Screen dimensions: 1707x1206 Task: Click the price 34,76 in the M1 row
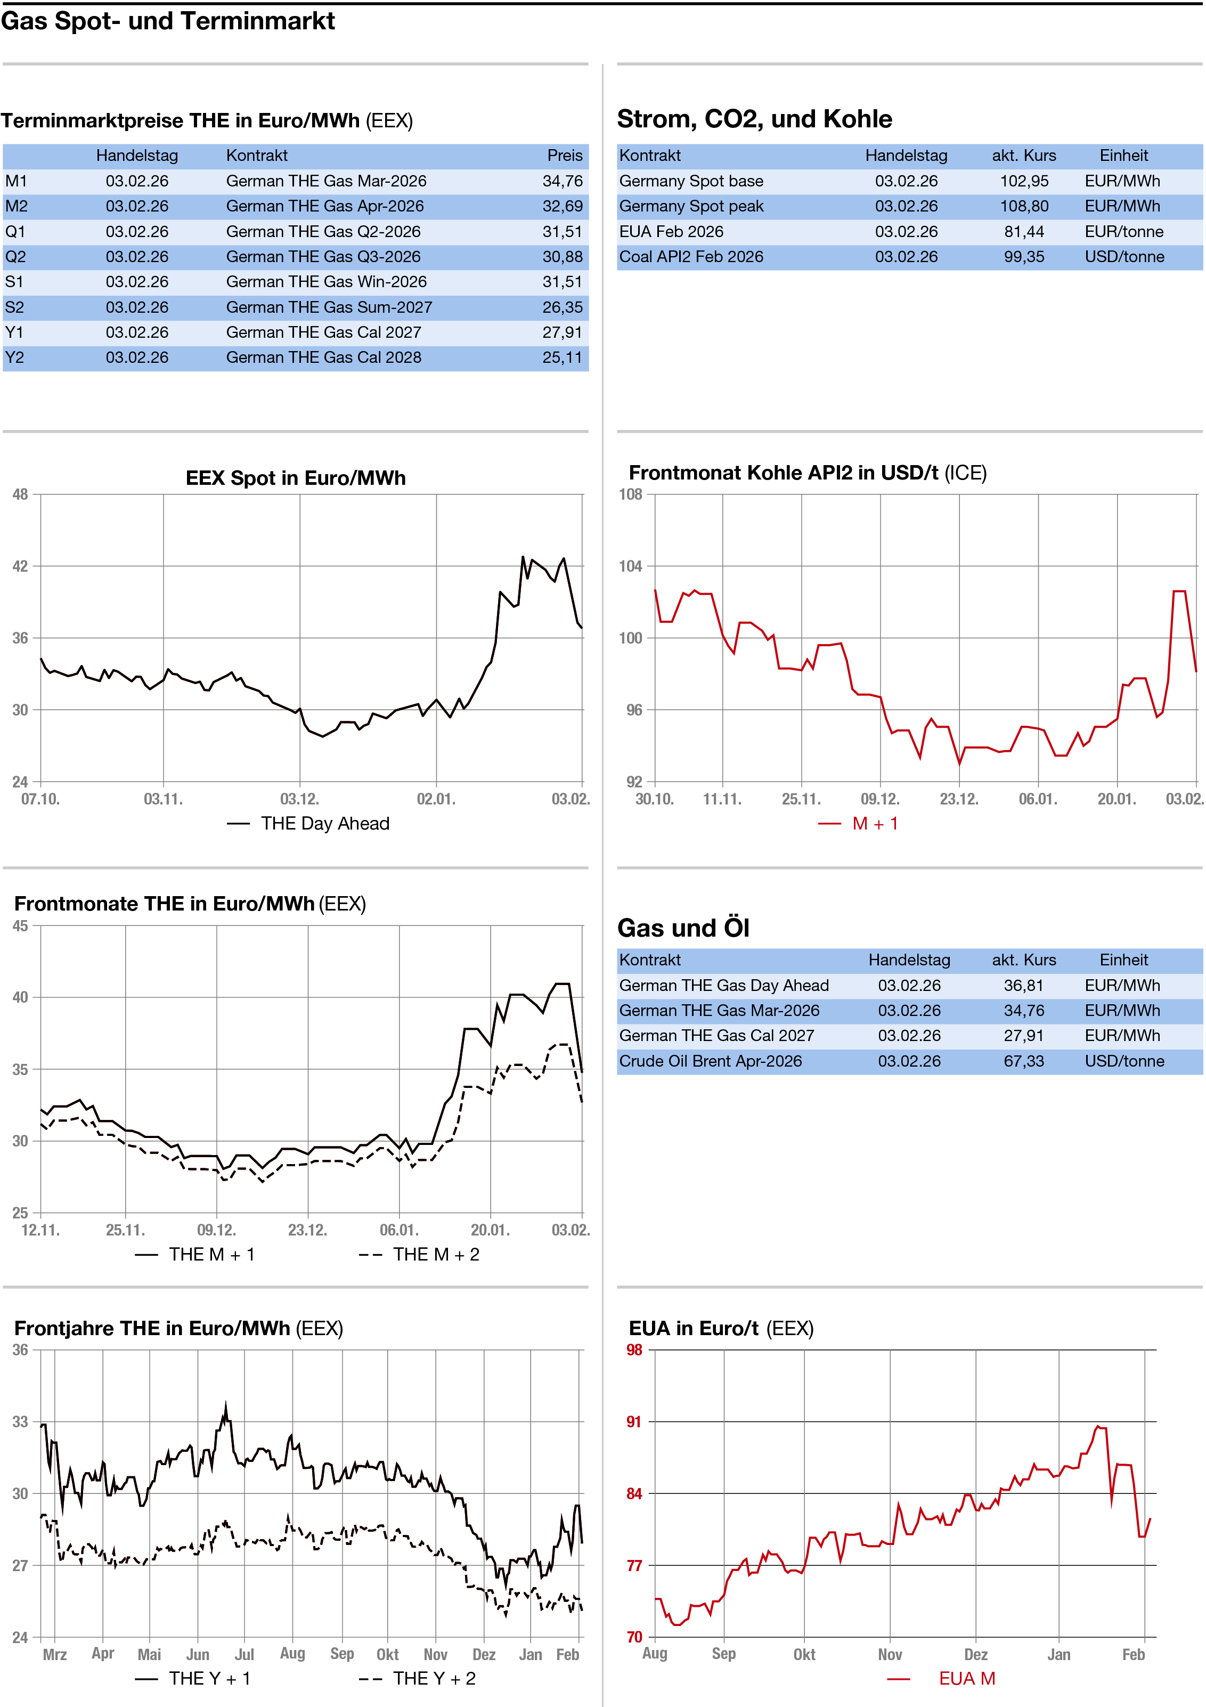(x=562, y=181)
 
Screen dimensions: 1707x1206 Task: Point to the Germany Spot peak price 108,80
(x=1023, y=207)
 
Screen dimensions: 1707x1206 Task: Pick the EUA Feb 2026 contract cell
(x=671, y=232)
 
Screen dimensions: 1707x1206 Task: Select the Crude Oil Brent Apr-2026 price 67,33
(x=1023, y=1061)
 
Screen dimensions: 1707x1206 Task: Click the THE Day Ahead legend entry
(x=324, y=824)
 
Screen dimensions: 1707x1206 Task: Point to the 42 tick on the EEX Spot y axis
(x=20, y=566)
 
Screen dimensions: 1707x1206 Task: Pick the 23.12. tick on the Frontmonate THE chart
(x=307, y=1231)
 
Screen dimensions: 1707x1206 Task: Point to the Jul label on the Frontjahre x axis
(x=244, y=1654)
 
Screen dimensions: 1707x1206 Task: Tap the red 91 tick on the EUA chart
(x=633, y=1422)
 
